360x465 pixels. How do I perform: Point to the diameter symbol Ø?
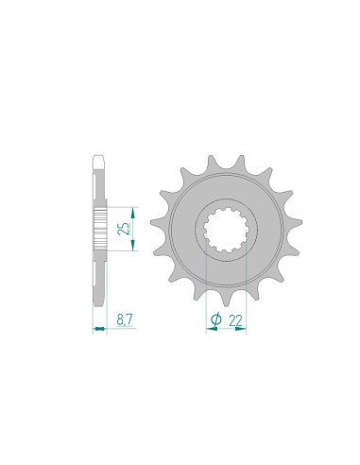215,321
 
